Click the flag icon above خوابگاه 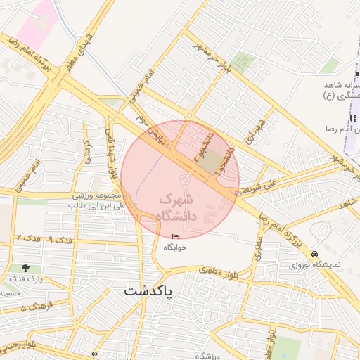click(175, 236)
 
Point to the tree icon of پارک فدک click(27, 269)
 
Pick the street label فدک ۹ click(61, 240)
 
